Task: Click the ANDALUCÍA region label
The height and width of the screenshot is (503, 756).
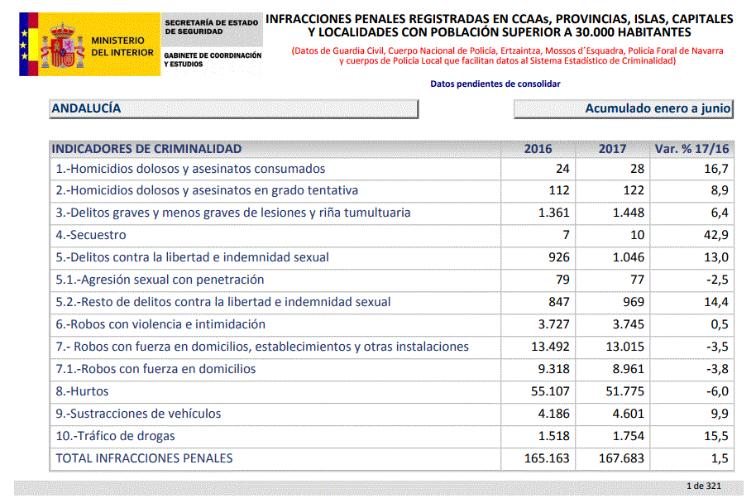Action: point(86,108)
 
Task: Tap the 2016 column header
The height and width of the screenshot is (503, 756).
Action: point(538,149)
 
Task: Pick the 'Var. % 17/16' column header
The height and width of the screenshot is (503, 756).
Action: point(691,149)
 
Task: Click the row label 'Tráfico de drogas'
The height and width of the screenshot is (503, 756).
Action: point(115,436)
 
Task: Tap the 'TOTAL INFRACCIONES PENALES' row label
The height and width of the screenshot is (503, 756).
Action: point(144,458)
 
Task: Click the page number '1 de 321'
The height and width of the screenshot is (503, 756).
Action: point(704,486)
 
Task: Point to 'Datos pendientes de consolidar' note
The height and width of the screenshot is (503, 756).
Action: point(495,84)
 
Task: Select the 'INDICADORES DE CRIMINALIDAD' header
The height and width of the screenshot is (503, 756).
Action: point(146,149)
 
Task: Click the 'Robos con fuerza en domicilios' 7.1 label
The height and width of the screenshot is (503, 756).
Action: point(156,369)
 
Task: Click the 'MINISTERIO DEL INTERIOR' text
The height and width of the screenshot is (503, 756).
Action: point(122,46)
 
